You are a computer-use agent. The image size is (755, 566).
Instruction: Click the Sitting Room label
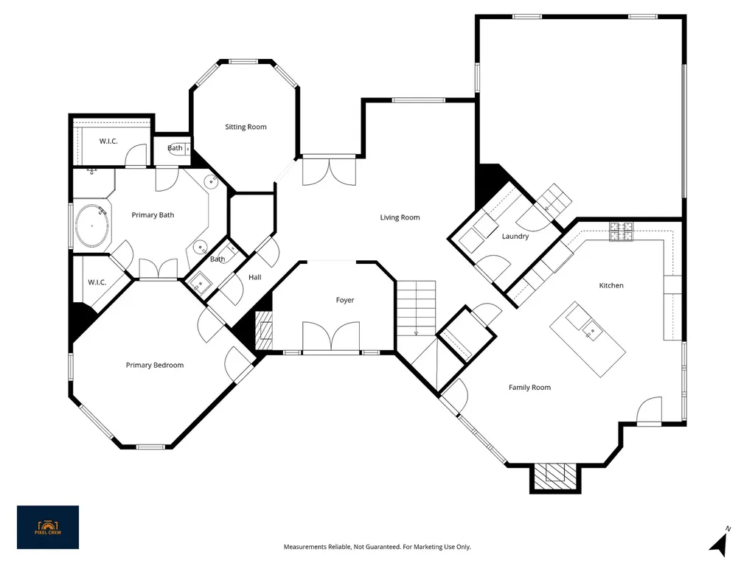pyautogui.click(x=246, y=127)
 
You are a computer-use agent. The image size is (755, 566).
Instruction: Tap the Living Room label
pyautogui.click(x=400, y=217)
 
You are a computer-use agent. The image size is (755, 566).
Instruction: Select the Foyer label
pyautogui.click(x=345, y=301)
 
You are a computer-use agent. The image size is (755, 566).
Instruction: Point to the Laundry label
pyautogui.click(x=515, y=237)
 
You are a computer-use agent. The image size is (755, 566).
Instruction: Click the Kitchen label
pyautogui.click(x=611, y=285)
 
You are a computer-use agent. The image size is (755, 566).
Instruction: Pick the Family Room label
pyautogui.click(x=529, y=388)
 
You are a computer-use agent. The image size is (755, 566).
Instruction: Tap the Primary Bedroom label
pyautogui.click(x=155, y=366)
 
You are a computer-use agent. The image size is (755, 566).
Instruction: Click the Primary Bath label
pyautogui.click(x=153, y=215)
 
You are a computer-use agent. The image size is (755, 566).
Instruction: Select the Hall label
pyautogui.click(x=254, y=277)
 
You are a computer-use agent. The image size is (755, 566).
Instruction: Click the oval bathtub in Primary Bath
pyautogui.click(x=91, y=226)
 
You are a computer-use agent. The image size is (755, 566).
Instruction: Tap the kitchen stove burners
pyautogui.click(x=621, y=231)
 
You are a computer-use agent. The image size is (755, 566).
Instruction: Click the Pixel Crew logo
pyautogui.click(x=48, y=527)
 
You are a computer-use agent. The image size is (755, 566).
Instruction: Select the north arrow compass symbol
pyautogui.click(x=720, y=542)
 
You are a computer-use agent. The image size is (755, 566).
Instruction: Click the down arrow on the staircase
pyautogui.click(x=416, y=332)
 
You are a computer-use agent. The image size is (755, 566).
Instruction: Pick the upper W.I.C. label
pyautogui.click(x=108, y=141)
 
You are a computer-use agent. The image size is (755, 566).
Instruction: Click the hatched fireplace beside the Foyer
pyautogui.click(x=263, y=331)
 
